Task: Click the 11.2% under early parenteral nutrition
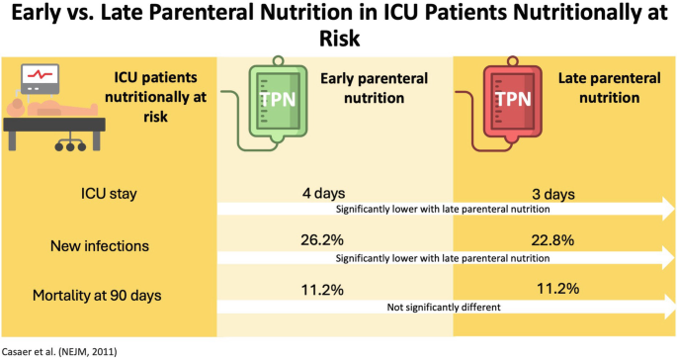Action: (320, 289)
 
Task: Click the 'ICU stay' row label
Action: (108, 193)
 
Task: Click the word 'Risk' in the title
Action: (338, 37)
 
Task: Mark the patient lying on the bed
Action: (40, 104)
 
